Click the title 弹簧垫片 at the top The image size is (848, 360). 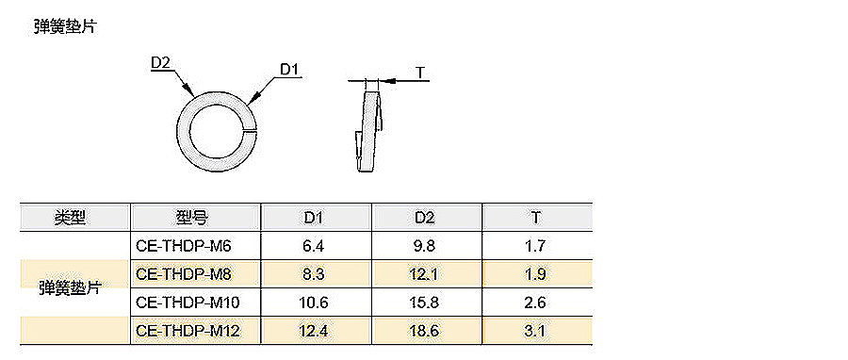coord(64,26)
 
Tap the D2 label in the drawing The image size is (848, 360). coord(160,64)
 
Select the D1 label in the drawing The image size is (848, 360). coord(290,70)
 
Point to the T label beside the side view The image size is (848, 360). coord(420,73)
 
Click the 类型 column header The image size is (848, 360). coord(70,218)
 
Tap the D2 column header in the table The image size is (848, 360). coord(425,218)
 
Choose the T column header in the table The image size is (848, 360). coord(535,218)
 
